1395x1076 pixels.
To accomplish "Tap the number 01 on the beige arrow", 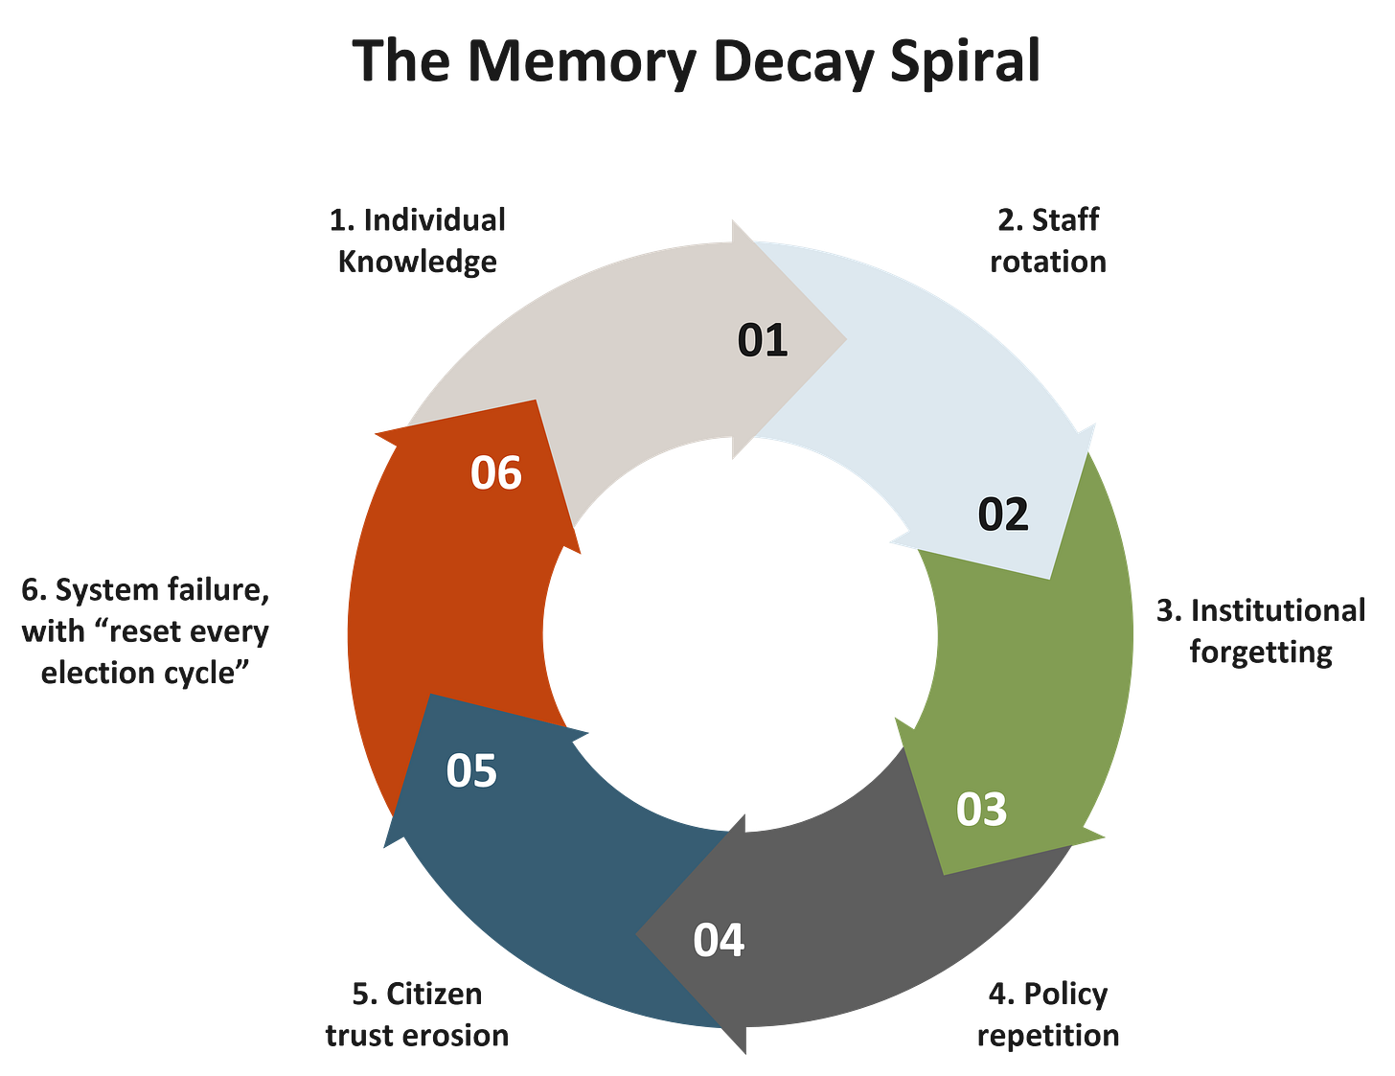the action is click(763, 340).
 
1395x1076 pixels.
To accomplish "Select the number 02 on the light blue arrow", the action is click(1003, 515).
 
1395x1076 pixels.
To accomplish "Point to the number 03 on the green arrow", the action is click(981, 810).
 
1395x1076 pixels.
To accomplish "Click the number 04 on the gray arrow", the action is click(719, 940).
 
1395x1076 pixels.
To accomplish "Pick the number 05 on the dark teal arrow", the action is click(471, 771).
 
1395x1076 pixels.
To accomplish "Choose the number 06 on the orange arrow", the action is click(496, 473).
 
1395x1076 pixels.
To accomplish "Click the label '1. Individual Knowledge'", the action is click(417, 240).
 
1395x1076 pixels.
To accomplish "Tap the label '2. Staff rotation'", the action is click(1048, 240).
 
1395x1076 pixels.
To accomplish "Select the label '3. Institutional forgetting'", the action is click(1261, 631).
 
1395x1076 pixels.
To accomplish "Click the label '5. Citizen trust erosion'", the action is click(417, 1015).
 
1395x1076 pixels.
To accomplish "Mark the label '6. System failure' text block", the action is click(146, 631).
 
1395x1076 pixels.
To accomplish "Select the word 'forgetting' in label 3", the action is click(1261, 652).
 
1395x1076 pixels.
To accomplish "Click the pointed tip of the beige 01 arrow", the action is click(845, 337).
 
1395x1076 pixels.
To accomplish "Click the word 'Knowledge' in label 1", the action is click(417, 262).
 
